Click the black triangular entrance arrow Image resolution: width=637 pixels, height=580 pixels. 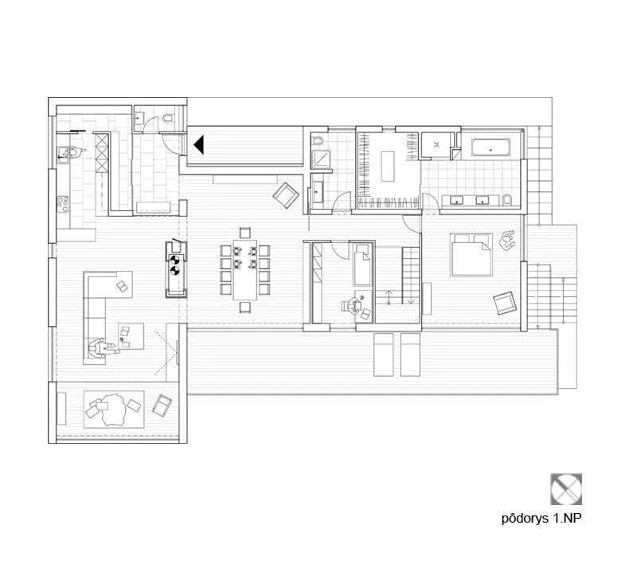tap(199, 145)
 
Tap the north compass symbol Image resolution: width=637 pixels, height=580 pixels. tap(566, 489)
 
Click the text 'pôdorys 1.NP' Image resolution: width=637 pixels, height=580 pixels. tap(541, 519)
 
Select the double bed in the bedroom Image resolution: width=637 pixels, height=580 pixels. tap(471, 255)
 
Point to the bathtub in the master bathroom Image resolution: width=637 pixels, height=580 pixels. tap(490, 148)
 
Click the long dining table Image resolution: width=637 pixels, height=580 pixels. tap(245, 269)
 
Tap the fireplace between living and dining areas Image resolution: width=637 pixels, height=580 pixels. tap(175, 269)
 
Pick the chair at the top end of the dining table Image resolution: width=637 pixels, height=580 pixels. tap(245, 233)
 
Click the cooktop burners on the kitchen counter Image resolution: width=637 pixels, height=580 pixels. tap(63, 204)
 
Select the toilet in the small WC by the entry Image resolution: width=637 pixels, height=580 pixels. tap(167, 118)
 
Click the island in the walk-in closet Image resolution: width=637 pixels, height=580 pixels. tap(388, 167)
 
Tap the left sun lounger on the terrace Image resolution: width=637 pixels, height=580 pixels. tap(384, 355)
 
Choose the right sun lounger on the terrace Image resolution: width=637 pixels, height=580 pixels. tap(410, 355)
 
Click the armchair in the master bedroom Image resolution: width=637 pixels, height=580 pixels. tap(504, 304)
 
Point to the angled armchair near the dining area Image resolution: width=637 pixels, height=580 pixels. tap(286, 195)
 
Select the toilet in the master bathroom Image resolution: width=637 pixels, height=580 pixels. tap(507, 200)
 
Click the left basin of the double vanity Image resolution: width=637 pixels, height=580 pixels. tap(456, 200)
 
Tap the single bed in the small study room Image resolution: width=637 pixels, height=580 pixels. tap(362, 265)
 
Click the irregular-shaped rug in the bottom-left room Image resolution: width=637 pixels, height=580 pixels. tap(111, 409)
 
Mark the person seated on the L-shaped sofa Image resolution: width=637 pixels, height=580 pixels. tap(100, 349)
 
